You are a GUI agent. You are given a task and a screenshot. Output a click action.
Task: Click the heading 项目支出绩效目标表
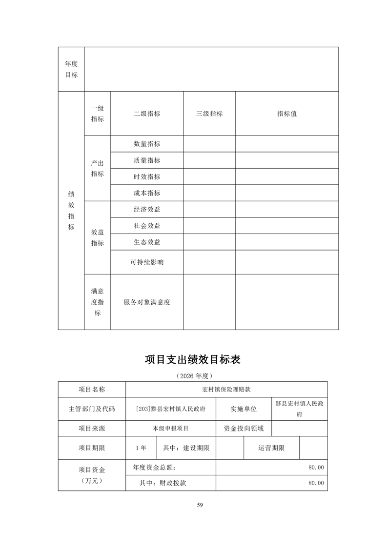tap(193, 360)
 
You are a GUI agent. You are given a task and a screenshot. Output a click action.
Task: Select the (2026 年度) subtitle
tap(194, 376)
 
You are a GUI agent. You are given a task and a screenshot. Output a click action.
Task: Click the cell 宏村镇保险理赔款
tap(226, 390)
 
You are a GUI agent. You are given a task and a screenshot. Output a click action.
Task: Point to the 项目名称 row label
tap(92, 390)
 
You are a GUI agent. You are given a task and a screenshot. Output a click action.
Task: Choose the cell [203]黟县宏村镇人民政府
tap(171, 409)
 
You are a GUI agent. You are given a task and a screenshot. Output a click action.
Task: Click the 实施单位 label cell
tap(244, 409)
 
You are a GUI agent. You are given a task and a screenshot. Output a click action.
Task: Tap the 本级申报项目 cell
tap(170, 429)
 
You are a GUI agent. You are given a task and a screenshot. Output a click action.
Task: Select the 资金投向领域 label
tap(244, 429)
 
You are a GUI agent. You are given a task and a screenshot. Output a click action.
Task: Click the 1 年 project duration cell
tap(141, 448)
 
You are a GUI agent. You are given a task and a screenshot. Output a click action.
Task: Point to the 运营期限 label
tap(271, 448)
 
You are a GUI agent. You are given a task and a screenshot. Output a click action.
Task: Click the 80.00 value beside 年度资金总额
tap(316, 467)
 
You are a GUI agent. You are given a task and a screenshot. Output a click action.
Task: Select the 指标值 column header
tap(287, 114)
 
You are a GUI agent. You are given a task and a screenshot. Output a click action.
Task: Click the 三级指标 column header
tap(209, 114)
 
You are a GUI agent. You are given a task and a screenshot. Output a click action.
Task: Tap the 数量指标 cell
tap(147, 144)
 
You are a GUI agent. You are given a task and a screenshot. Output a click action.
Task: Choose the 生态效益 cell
tap(147, 242)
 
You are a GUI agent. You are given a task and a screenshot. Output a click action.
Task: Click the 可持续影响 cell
tap(147, 262)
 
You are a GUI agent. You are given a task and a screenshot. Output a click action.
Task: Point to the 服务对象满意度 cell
tap(147, 302)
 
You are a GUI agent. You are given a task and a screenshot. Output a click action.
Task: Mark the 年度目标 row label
tap(71, 69)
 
